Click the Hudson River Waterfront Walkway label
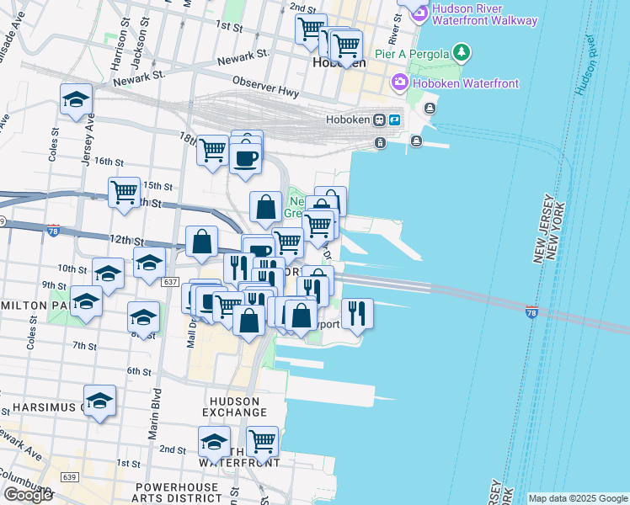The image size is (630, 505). click(x=484, y=13)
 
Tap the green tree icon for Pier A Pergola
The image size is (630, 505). click(x=461, y=54)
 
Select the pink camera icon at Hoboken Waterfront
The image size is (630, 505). click(x=398, y=82)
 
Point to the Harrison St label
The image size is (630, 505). click(x=120, y=50)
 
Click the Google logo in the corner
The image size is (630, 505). click(x=28, y=495)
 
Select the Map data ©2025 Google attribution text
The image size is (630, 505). click(x=578, y=498)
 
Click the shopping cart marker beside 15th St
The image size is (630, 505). click(x=124, y=191)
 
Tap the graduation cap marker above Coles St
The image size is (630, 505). click(x=76, y=99)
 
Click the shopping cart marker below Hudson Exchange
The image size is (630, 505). click(x=262, y=439)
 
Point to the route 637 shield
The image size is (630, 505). click(x=171, y=281)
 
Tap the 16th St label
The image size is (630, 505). click(x=109, y=161)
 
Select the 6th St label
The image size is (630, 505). click(x=138, y=371)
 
